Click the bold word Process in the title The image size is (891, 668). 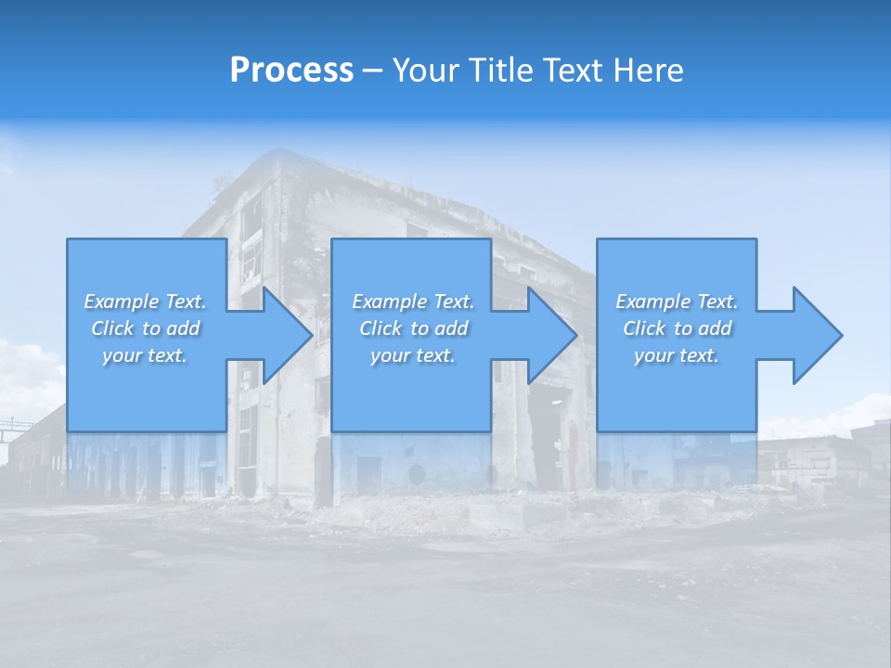tap(291, 71)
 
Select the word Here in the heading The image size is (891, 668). tap(651, 71)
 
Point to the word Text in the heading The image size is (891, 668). tap(575, 71)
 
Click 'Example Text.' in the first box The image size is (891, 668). tap(145, 302)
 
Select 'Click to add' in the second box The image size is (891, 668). tap(413, 328)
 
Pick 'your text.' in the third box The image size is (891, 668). tap(677, 355)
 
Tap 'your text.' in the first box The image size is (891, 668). tap(145, 355)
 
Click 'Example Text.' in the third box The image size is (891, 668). tap(677, 302)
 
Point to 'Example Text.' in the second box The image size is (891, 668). tap(413, 302)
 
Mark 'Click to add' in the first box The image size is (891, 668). tap(145, 328)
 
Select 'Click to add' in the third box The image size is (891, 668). tap(677, 328)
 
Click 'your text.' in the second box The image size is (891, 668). tap(413, 355)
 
